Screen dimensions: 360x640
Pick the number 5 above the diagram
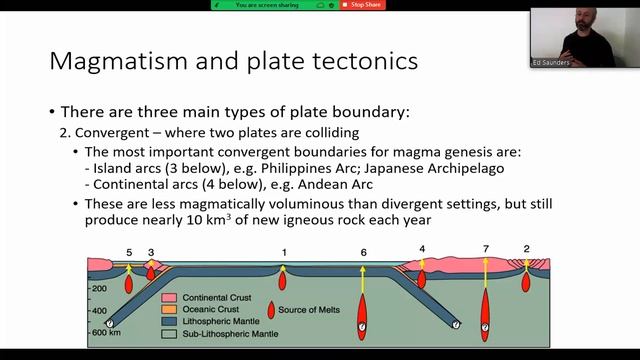point(128,251)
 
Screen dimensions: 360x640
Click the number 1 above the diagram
point(284,251)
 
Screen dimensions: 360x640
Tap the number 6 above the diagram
point(364,251)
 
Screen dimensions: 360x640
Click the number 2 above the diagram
point(526,248)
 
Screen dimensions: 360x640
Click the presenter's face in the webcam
point(583,22)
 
